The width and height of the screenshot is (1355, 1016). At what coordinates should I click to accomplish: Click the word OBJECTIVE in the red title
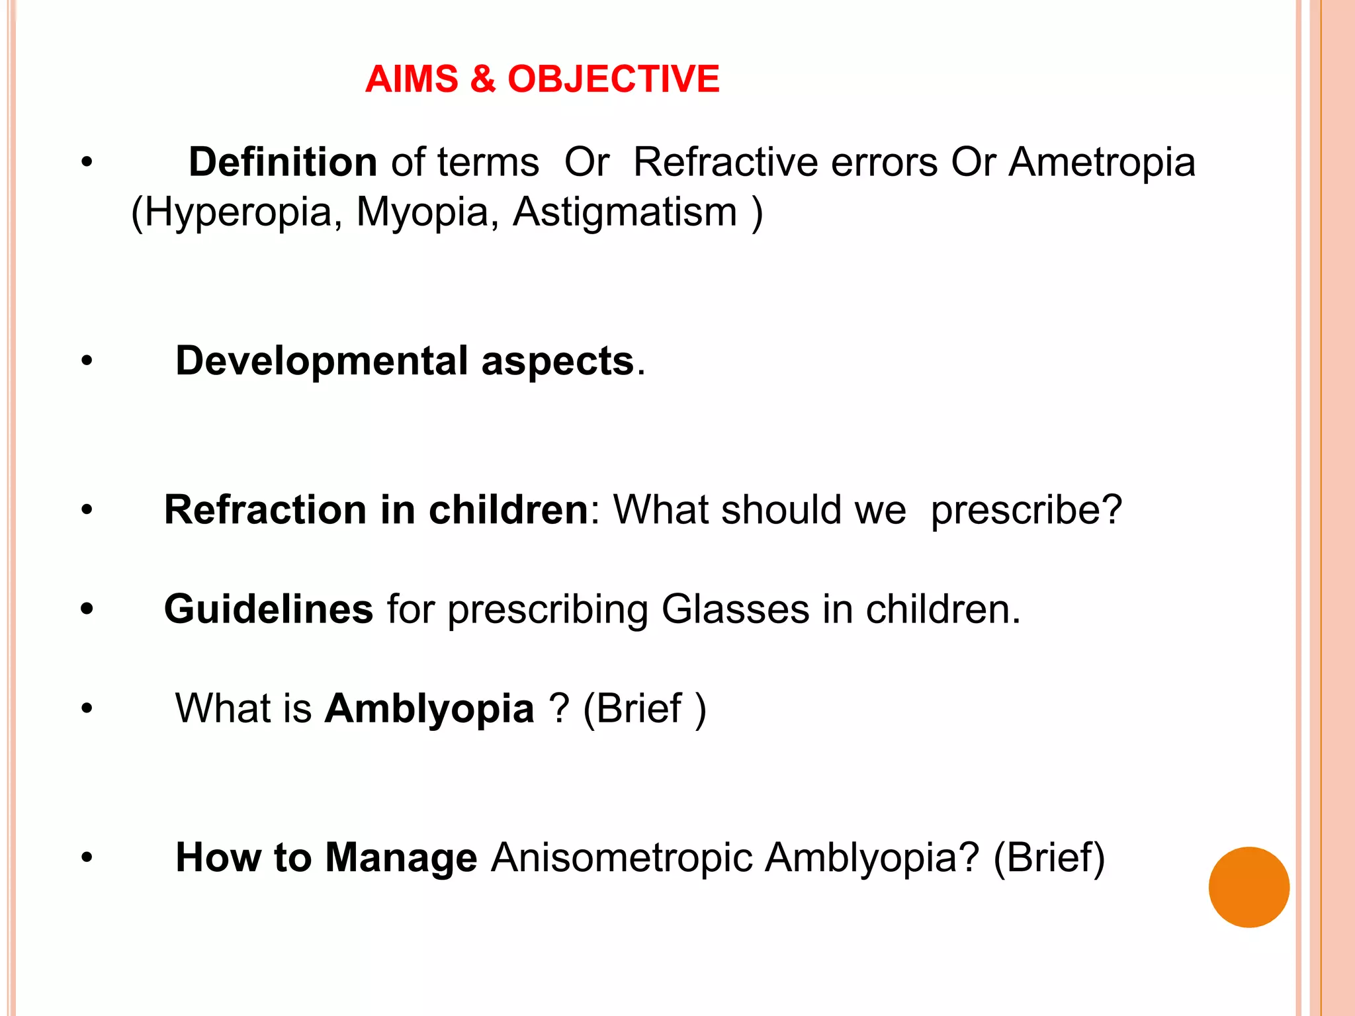point(613,79)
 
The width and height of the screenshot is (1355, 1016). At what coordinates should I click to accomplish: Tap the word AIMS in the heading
point(412,79)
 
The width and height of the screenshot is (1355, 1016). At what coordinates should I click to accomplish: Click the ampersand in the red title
point(483,79)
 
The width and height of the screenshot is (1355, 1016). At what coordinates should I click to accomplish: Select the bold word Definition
point(283,162)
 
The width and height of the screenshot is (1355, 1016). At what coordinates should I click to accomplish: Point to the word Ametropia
point(1102,162)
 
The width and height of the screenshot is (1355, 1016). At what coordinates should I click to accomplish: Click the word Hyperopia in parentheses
point(238,212)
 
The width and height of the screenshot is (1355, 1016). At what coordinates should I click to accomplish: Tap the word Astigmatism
point(625,212)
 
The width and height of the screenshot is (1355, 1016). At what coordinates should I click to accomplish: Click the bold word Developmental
point(322,361)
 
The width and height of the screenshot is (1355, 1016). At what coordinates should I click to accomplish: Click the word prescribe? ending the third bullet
point(1026,510)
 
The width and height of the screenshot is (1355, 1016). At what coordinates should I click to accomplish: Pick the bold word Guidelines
point(269,609)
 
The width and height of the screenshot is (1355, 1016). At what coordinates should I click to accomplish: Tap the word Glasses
point(735,609)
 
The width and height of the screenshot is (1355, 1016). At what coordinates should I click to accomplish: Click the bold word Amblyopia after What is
point(429,708)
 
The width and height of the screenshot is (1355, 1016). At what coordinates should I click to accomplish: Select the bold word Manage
point(401,858)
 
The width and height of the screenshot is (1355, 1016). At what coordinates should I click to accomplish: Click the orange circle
point(1248,887)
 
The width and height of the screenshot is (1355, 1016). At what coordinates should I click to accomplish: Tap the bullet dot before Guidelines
point(87,609)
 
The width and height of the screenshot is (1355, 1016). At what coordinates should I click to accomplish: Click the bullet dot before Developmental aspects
point(87,362)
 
